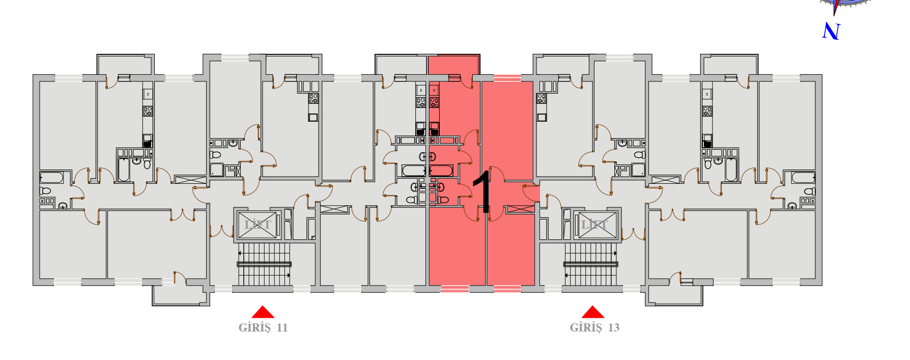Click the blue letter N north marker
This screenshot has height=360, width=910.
831,32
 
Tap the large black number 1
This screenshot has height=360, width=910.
482,191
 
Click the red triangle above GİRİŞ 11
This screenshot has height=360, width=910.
263,312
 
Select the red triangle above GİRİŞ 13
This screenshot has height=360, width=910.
593,312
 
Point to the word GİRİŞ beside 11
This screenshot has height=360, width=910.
254,327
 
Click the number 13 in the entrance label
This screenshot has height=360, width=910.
613,327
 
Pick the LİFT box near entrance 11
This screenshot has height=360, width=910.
258,225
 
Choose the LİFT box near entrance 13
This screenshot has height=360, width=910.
594,225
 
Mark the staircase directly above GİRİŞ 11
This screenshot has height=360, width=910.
264,264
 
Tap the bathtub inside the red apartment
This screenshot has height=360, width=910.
441,171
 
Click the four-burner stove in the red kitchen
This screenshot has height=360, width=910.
434,102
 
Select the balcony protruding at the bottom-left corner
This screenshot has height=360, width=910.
181,295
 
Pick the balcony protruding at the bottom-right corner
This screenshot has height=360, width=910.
674,295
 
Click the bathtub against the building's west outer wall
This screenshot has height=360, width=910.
51,178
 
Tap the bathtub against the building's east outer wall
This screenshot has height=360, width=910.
803,178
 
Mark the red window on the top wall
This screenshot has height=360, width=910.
507,78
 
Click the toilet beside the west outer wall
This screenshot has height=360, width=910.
46,191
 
